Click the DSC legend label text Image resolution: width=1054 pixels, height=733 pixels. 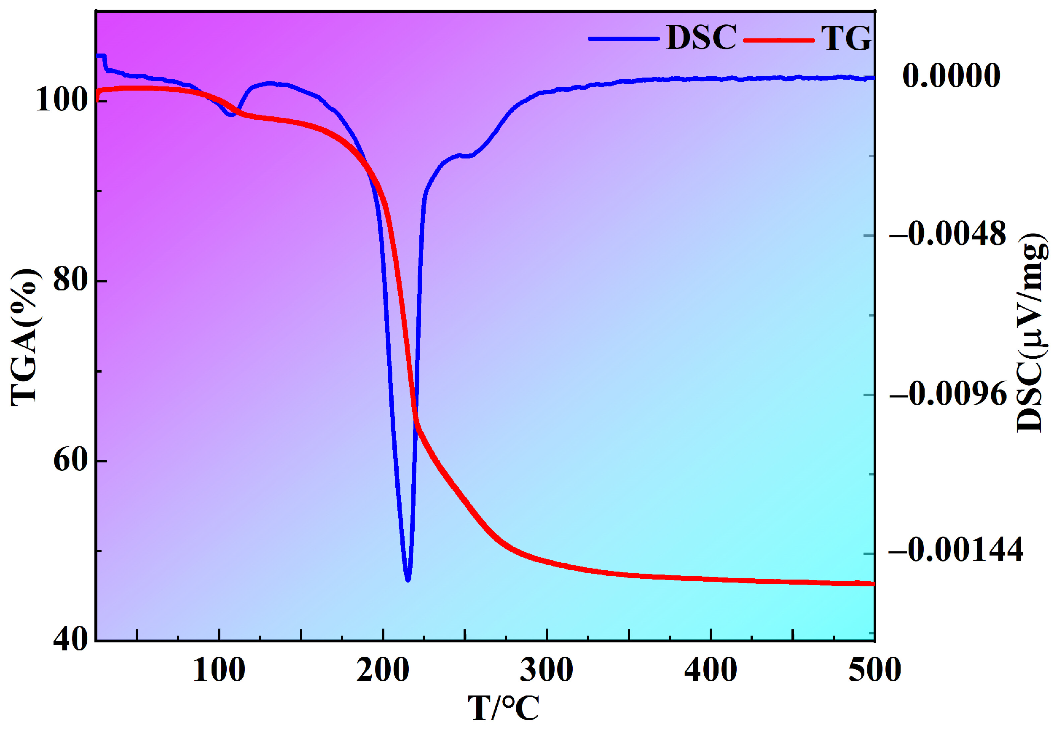coord(701,37)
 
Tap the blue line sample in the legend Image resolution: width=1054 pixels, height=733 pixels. coord(623,39)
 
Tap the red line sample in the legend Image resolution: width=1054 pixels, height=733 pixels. coord(778,40)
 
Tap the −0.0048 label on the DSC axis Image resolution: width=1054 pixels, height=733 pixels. coord(947,234)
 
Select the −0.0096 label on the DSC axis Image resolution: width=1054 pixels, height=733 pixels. coord(948,394)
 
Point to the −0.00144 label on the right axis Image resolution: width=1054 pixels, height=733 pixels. coord(956,549)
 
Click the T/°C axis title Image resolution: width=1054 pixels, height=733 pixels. coord(504,708)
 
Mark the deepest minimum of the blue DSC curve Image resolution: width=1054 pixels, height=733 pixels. coord(408,580)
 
